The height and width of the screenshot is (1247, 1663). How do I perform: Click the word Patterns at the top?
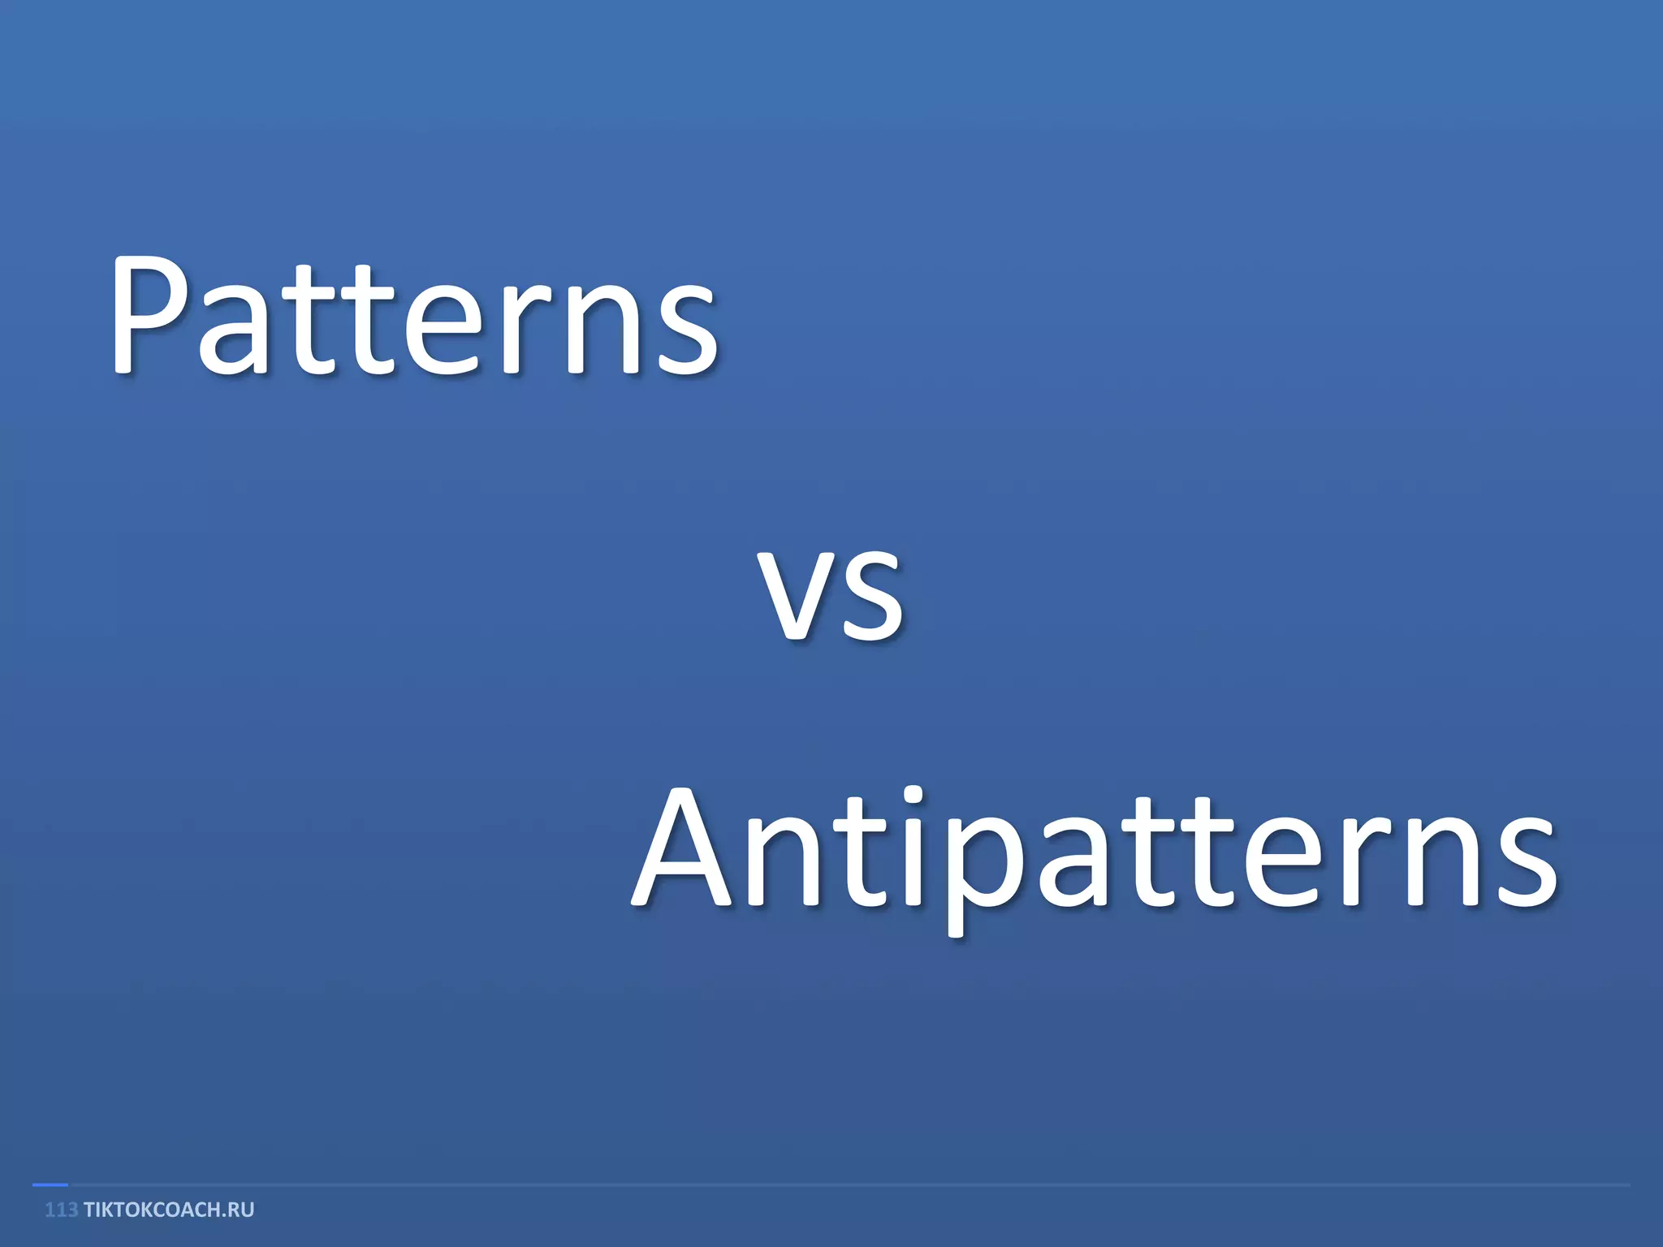click(414, 317)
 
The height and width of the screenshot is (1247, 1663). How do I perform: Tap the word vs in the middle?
click(830, 593)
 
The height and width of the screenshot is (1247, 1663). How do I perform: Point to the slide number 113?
click(61, 1210)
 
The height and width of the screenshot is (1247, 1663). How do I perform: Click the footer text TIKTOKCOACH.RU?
click(169, 1210)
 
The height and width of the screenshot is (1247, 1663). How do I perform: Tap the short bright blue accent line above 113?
click(50, 1185)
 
